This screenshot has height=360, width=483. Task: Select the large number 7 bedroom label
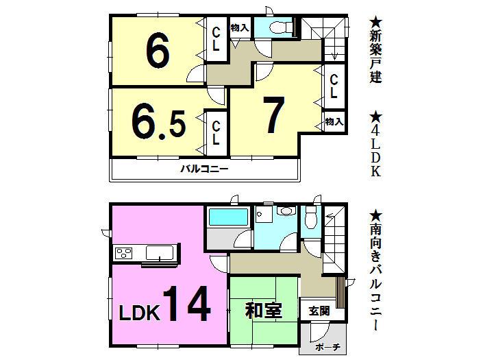pyautogui.click(x=273, y=115)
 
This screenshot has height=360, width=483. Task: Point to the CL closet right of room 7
pyautogui.click(x=334, y=86)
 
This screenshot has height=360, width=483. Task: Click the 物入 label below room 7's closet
pyautogui.click(x=334, y=121)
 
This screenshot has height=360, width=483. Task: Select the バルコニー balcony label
pyautogui.click(x=203, y=169)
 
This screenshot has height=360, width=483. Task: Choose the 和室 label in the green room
pyautogui.click(x=263, y=310)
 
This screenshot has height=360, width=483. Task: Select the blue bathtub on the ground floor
pyautogui.click(x=227, y=219)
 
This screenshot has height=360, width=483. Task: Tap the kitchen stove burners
pyautogui.click(x=125, y=254)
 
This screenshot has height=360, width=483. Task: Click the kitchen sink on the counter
pyautogui.click(x=160, y=253)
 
